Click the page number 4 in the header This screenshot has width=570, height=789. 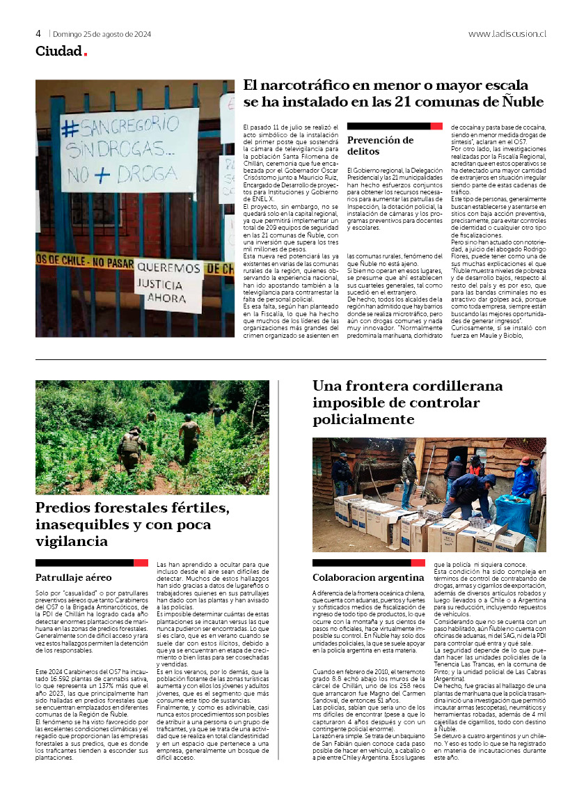[x=38, y=33]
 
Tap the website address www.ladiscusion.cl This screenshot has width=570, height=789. [x=507, y=33]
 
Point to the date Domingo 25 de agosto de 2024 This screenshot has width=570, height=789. [x=102, y=33]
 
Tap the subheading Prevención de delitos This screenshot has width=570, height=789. [x=373, y=146]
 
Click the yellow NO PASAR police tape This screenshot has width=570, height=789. [x=84, y=263]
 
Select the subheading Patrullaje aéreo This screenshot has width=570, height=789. [x=73, y=577]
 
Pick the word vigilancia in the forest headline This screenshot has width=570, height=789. [x=72, y=540]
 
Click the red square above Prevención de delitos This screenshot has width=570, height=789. [x=436, y=126]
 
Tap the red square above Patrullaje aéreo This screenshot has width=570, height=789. [x=141, y=562]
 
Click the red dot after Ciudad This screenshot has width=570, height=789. [x=86, y=54]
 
